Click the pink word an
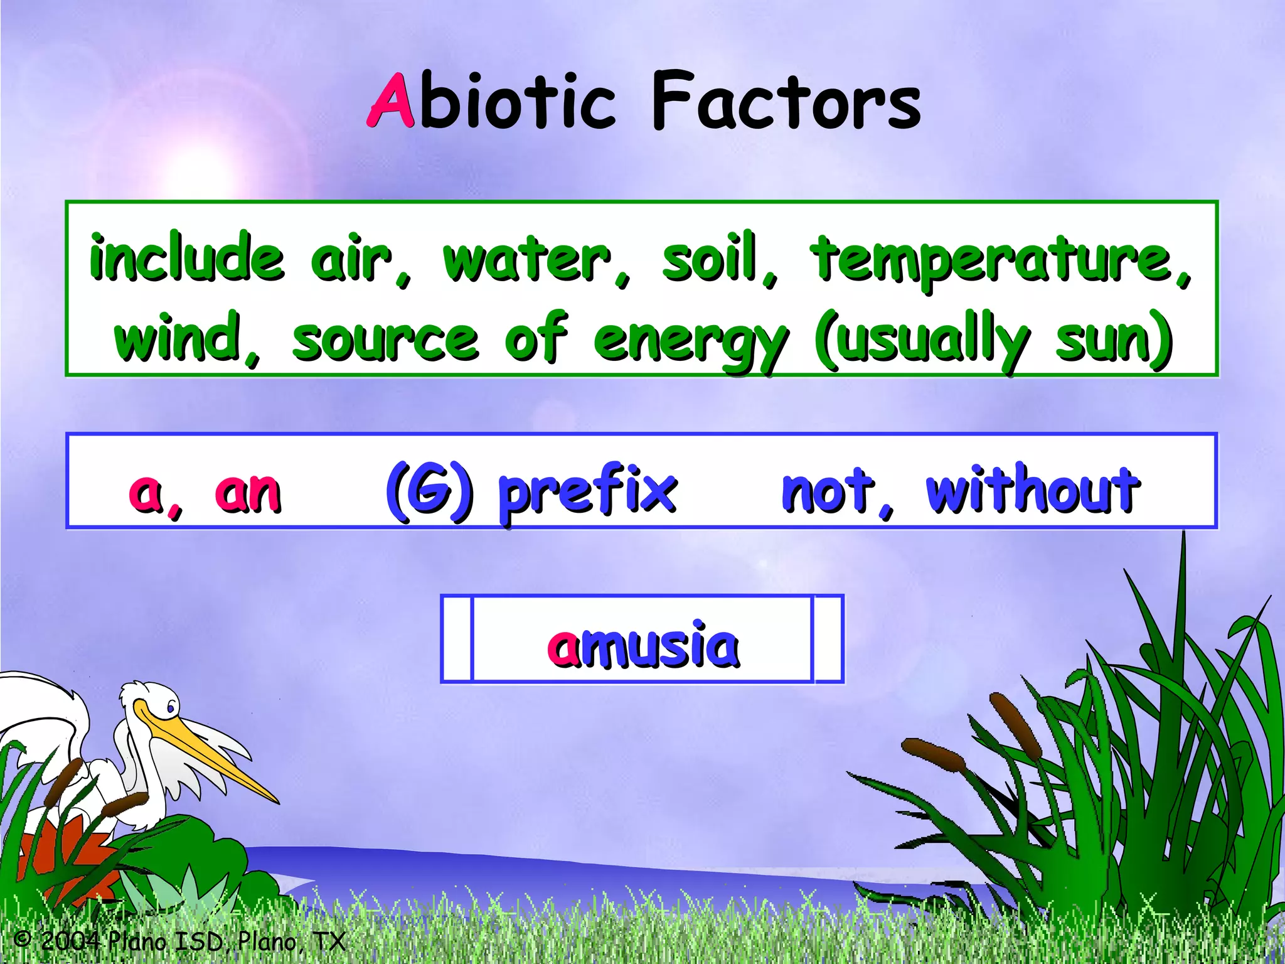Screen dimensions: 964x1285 point(248,493)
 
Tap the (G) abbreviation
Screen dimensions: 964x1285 point(429,491)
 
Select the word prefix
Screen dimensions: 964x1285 point(587,492)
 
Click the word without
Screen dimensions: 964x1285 point(1033,490)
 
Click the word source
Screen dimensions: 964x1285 point(385,340)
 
